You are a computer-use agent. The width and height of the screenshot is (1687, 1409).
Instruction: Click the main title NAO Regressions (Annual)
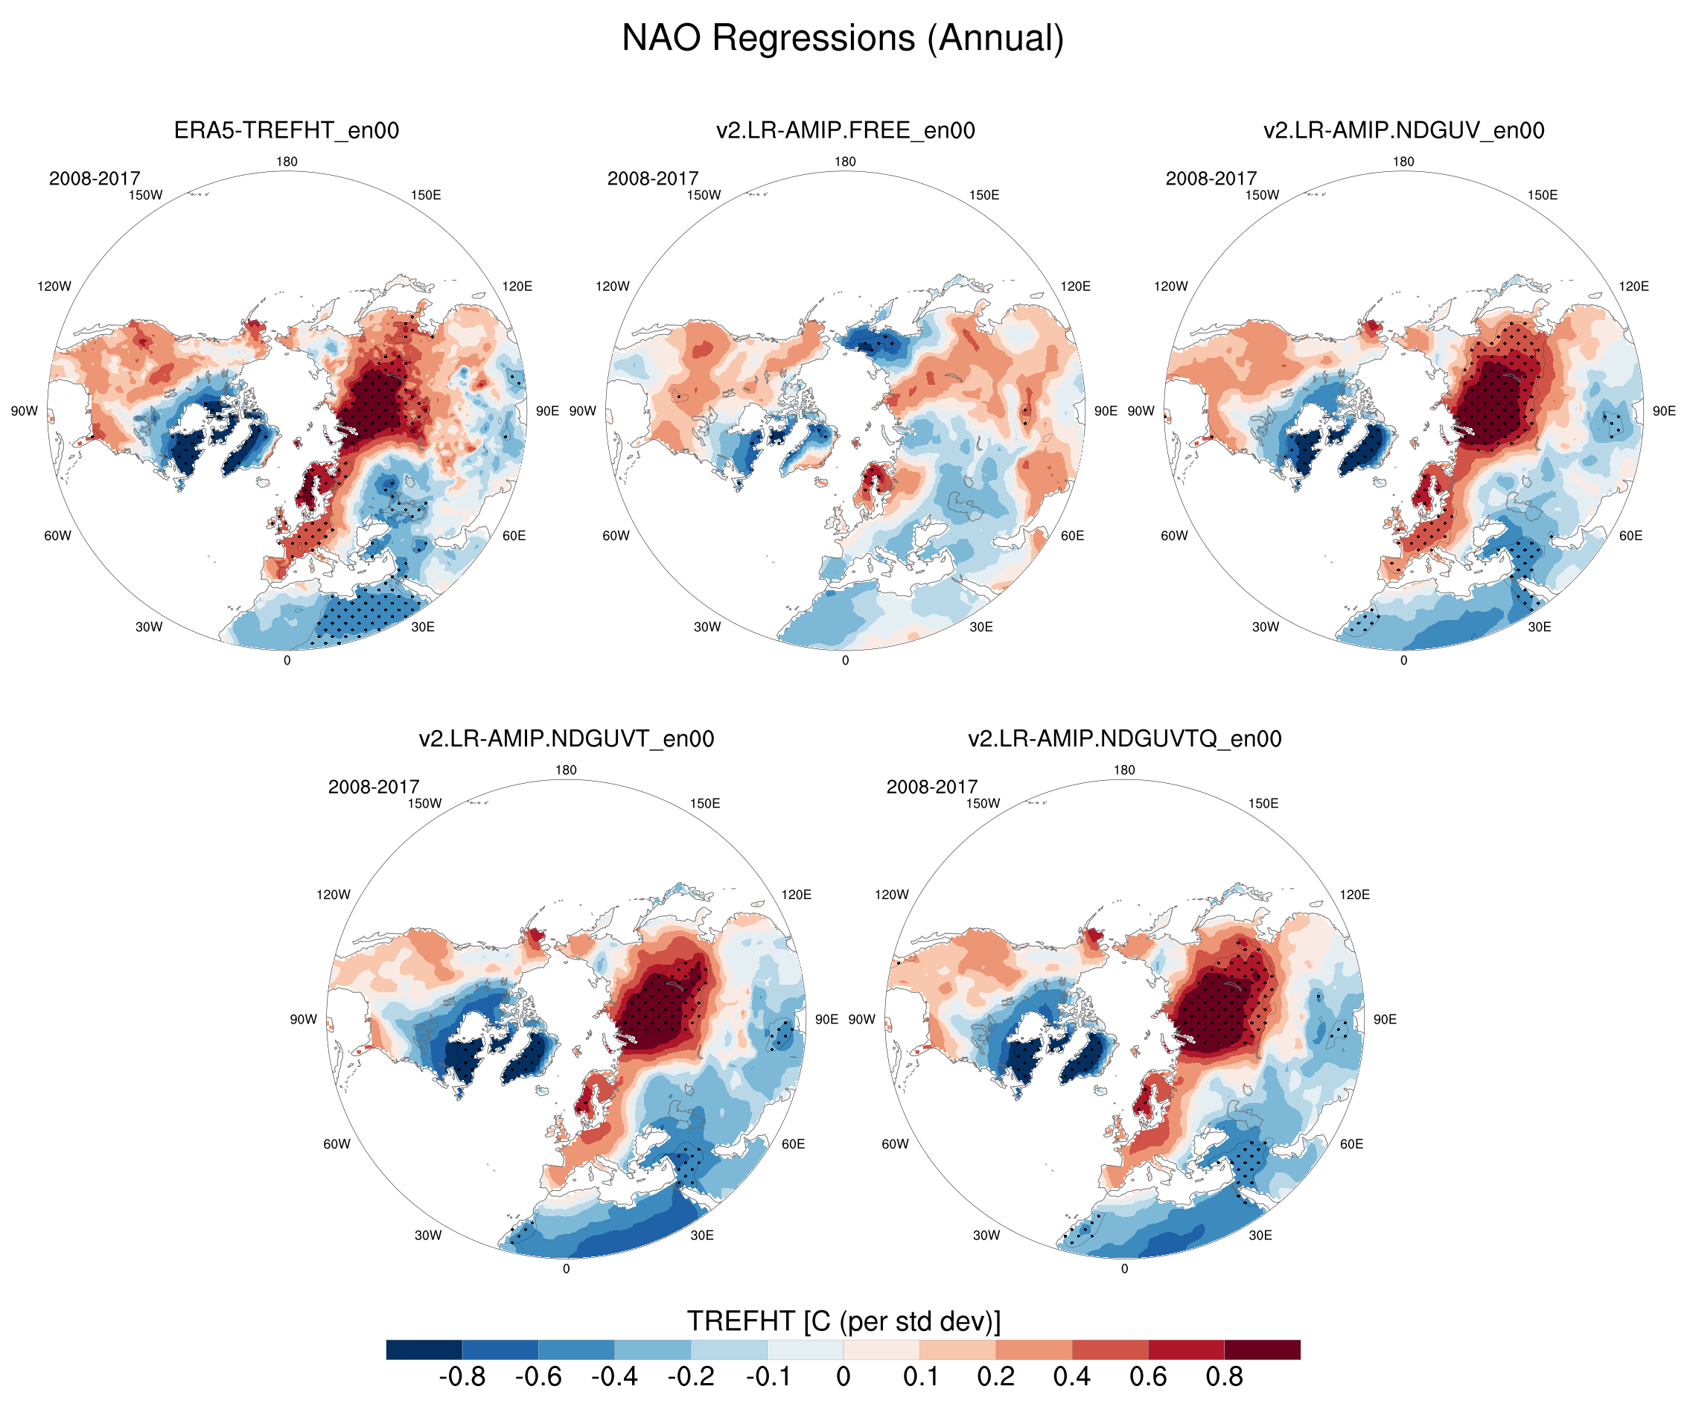pos(843,39)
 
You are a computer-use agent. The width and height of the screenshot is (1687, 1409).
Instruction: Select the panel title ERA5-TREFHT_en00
pos(287,130)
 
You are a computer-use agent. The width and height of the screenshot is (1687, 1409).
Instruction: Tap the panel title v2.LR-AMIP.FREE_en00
pos(845,130)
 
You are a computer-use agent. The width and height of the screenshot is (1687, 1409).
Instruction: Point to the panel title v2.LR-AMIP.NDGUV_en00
pos(1403,130)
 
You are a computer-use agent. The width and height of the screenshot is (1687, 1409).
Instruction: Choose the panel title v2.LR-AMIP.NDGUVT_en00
pos(567,738)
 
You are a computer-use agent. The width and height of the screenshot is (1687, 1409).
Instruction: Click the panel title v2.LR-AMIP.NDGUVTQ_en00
pos(1125,738)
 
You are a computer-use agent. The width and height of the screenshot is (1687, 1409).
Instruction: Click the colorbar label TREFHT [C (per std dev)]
pos(843,1320)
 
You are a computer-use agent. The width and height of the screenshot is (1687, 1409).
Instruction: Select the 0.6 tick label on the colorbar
pos(1148,1377)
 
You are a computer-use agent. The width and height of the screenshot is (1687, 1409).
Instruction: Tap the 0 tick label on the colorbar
pos(843,1377)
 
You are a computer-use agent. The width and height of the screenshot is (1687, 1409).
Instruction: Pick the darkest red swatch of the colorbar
pos(1262,1349)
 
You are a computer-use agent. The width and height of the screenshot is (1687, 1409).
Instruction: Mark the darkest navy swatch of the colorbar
pos(424,1349)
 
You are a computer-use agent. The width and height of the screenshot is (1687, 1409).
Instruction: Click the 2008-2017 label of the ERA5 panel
pos(95,179)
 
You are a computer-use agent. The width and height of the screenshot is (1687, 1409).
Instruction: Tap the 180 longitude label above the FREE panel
pos(845,162)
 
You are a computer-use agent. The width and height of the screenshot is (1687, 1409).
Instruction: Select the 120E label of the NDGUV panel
pos(1634,286)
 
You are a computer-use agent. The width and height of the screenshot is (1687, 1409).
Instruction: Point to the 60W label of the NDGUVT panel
pos(337,1144)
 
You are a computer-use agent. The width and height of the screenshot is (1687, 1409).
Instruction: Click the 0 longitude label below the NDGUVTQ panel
pos(1125,1268)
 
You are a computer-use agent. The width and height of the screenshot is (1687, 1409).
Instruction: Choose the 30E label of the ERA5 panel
pos(423,627)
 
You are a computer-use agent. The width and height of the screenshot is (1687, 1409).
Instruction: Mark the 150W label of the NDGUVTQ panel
pos(983,803)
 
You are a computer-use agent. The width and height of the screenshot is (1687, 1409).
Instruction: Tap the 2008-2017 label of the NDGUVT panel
pos(374,787)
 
